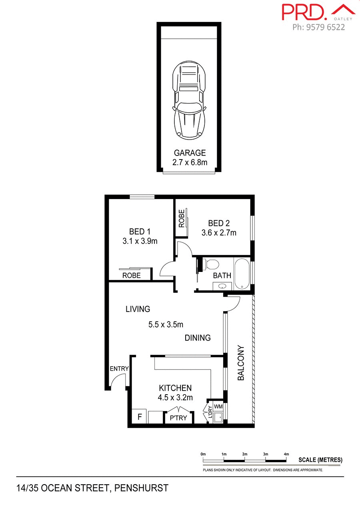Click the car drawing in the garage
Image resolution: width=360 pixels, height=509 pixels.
point(189,100)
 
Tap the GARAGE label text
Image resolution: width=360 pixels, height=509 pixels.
point(190,153)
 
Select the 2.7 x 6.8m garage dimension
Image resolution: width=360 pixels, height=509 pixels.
point(190,162)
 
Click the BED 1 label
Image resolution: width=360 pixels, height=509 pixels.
point(140,232)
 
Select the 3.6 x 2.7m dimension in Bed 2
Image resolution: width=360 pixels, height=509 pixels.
point(218,233)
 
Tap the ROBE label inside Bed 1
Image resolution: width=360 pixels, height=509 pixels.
point(131,275)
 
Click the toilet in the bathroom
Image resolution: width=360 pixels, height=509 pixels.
point(212,264)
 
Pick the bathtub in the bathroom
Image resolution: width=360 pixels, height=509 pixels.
point(242,274)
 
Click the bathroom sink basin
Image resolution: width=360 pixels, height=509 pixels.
point(222,285)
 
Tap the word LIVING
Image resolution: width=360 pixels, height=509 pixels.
point(138,309)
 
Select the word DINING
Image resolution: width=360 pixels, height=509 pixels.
point(198,338)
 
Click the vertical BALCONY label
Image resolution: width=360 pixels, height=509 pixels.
point(241,363)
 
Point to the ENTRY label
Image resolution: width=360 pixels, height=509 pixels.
point(119,369)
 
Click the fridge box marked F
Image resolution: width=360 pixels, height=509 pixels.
point(140,417)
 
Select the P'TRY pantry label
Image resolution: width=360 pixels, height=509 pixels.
point(179,418)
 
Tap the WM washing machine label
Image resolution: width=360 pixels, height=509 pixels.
point(218,406)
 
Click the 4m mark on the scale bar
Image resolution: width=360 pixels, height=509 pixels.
point(286,454)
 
